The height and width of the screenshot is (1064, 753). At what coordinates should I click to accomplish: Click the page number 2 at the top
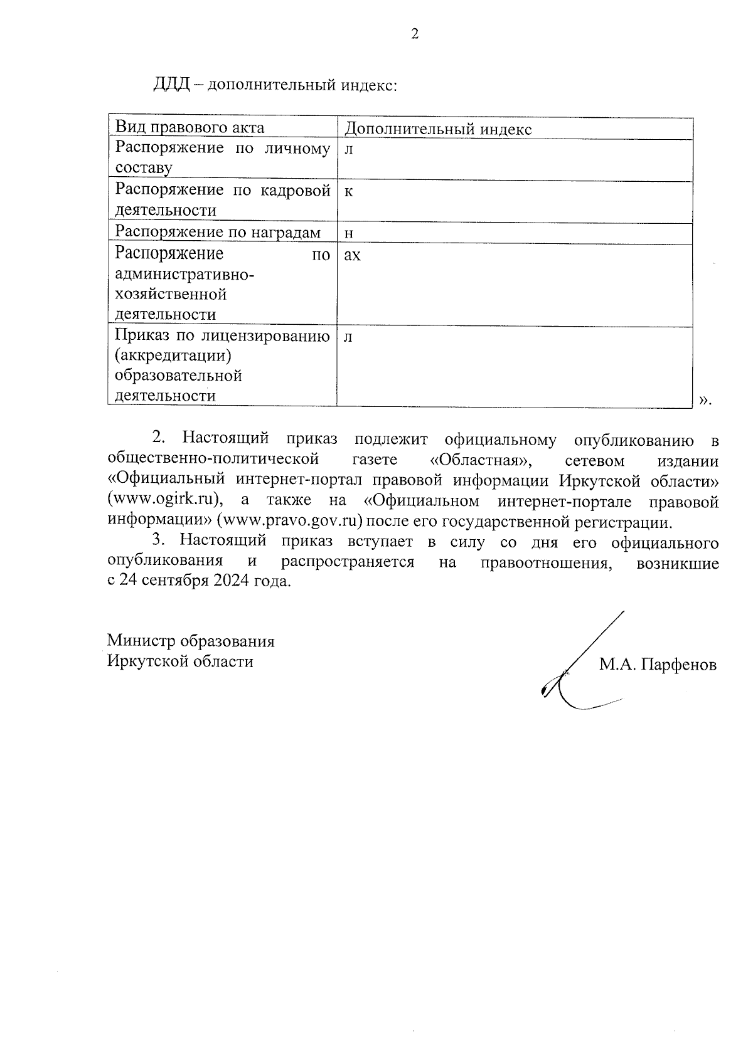coord(414,34)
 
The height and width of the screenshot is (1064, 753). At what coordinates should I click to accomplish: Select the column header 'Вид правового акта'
coord(190,128)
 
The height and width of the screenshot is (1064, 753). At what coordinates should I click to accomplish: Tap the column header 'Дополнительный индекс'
coord(438,129)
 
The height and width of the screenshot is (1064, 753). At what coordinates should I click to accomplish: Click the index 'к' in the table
coord(348,192)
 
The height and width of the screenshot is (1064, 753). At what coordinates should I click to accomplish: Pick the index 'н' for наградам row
coord(349,234)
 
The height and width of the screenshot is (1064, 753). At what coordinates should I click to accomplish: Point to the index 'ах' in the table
coord(352,255)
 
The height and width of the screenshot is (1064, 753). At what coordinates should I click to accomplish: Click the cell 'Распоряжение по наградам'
coord(218,233)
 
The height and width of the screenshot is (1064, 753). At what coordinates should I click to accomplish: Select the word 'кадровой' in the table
coord(295,191)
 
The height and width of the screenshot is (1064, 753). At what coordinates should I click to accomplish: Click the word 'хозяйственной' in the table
coord(171,294)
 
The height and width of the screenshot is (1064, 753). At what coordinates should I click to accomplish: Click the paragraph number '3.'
coord(160,540)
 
